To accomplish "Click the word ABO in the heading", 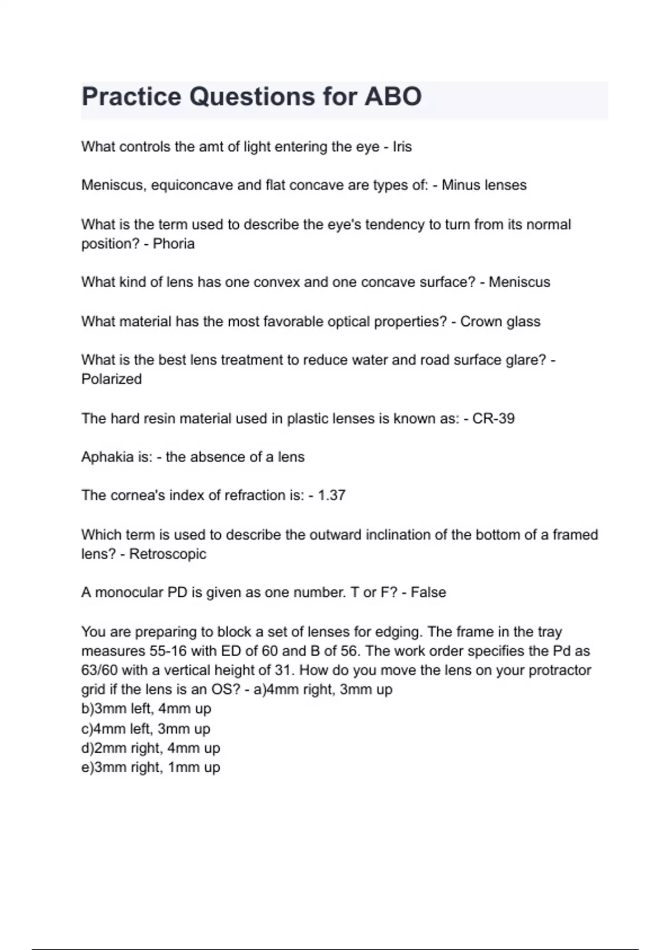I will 393,97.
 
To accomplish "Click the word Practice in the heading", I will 132,97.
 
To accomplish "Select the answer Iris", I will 402,147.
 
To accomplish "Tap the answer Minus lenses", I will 484,185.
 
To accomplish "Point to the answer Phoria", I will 173,244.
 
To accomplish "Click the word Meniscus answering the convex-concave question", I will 519,282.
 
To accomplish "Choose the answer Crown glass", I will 500,322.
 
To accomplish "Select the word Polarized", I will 111,379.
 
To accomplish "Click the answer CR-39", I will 493,419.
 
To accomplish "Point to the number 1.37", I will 332,495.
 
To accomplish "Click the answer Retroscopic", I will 168,554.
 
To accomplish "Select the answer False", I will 428,592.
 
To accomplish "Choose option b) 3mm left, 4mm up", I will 146,709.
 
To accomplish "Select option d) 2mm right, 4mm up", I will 150,748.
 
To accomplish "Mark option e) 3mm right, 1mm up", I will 150,767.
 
